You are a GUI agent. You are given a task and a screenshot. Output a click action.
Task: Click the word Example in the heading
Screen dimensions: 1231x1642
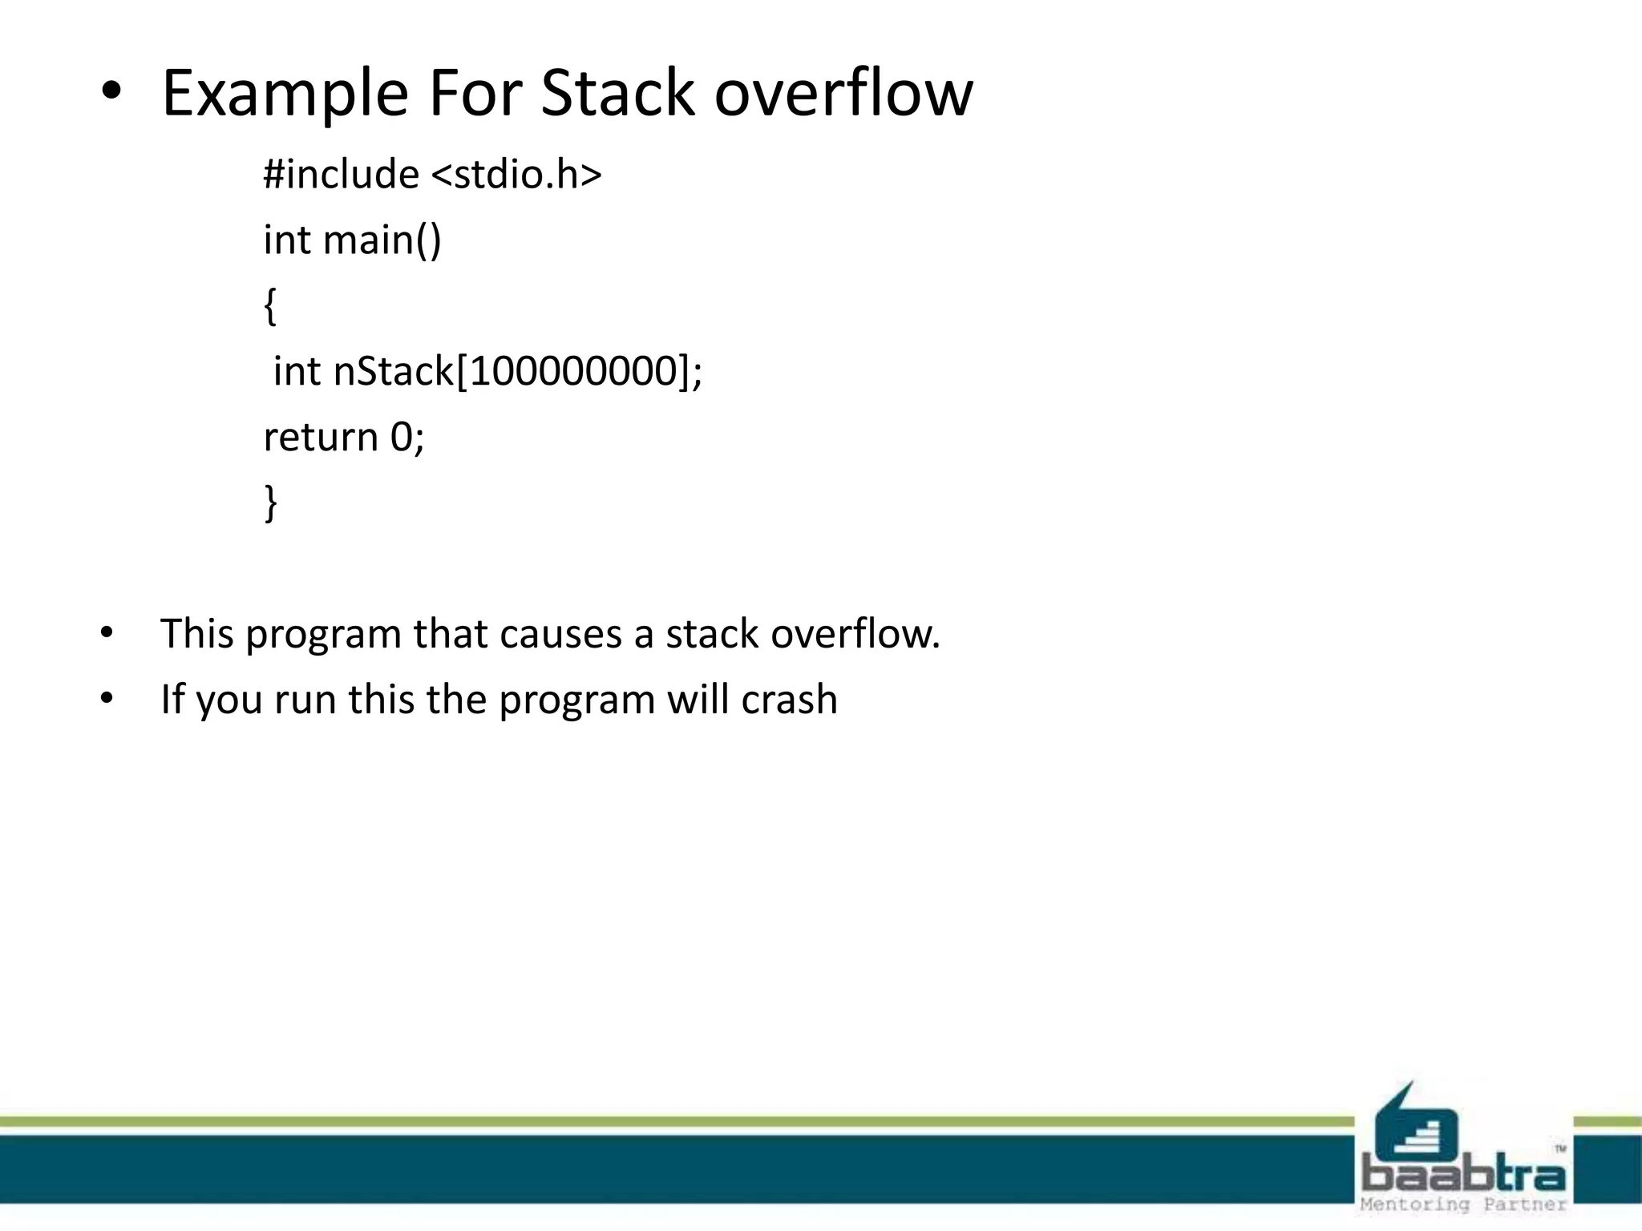pyautogui.click(x=285, y=94)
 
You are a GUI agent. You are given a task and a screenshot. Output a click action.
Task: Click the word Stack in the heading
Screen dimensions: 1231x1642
pyautogui.click(x=617, y=94)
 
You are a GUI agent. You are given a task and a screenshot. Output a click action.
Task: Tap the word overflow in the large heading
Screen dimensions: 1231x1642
pyautogui.click(x=843, y=94)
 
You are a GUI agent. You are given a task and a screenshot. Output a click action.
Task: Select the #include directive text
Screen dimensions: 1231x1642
pyautogui.click(x=342, y=174)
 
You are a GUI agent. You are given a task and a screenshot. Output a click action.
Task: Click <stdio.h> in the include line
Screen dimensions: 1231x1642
pyautogui.click(x=516, y=174)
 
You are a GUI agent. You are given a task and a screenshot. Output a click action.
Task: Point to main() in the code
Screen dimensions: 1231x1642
pyautogui.click(x=382, y=240)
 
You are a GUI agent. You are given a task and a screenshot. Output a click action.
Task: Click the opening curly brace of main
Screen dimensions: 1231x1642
pyautogui.click(x=270, y=306)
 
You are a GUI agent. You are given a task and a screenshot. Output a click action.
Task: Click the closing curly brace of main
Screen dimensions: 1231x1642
pyautogui.click(x=270, y=502)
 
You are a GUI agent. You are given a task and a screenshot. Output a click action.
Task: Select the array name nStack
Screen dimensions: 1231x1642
pyautogui.click(x=394, y=371)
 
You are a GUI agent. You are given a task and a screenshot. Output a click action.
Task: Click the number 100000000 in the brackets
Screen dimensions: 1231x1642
pyautogui.click(x=573, y=371)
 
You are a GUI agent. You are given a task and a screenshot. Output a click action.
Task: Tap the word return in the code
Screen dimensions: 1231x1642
pyautogui.click(x=321, y=437)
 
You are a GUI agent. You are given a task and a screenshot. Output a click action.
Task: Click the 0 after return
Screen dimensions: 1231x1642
pyautogui.click(x=401, y=437)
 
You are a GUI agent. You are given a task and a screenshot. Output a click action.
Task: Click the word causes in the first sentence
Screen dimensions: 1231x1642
pyautogui.click(x=560, y=634)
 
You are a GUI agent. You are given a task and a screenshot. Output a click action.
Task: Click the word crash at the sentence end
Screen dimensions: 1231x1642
pyautogui.click(x=789, y=699)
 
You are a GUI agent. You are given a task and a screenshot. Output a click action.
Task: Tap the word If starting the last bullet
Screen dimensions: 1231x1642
pyautogui.click(x=172, y=699)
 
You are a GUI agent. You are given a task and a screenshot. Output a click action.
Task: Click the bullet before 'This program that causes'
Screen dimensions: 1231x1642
pyautogui.click(x=107, y=634)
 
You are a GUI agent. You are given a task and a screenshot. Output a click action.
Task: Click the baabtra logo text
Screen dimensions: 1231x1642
pyautogui.click(x=1464, y=1175)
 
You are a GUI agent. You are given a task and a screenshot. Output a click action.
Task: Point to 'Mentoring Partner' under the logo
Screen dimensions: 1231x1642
pyautogui.click(x=1464, y=1205)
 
